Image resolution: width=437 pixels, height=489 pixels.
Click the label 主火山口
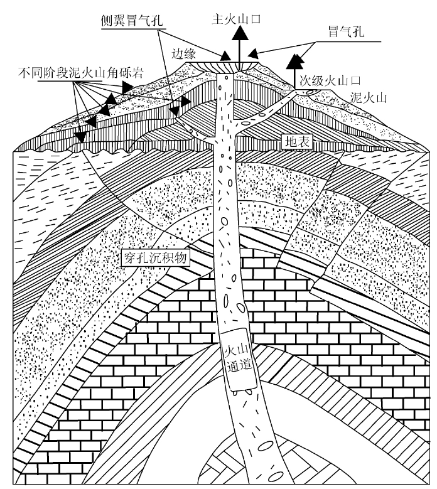pyautogui.click(x=236, y=19)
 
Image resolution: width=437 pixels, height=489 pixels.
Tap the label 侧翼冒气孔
pyautogui.click(x=132, y=21)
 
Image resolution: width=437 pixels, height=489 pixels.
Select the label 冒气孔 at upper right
pyautogui.click(x=346, y=31)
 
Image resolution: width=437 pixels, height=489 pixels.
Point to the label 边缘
pyautogui.click(x=184, y=54)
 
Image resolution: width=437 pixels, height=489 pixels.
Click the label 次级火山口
pyautogui.click(x=330, y=81)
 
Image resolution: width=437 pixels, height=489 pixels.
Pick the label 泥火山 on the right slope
pyautogui.click(x=369, y=98)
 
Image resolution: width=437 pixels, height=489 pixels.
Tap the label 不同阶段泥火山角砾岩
pyautogui.click(x=81, y=73)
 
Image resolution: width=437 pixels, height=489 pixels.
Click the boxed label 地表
pyautogui.click(x=297, y=142)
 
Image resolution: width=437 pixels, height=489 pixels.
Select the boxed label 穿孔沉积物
pyautogui.click(x=155, y=258)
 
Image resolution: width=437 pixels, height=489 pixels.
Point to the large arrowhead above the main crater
pyautogui.click(x=240, y=33)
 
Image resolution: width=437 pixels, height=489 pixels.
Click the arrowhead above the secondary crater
pyautogui.click(x=294, y=62)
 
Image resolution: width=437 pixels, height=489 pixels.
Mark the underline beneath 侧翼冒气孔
pyautogui.click(x=133, y=29)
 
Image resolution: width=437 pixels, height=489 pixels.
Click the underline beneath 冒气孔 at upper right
pyautogui.click(x=348, y=41)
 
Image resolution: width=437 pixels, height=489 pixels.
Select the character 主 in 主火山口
pyautogui.click(x=217, y=19)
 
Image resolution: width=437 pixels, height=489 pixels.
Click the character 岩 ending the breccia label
pyautogui.click(x=138, y=73)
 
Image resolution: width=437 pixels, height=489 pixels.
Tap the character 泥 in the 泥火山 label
pyautogui.click(x=356, y=98)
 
